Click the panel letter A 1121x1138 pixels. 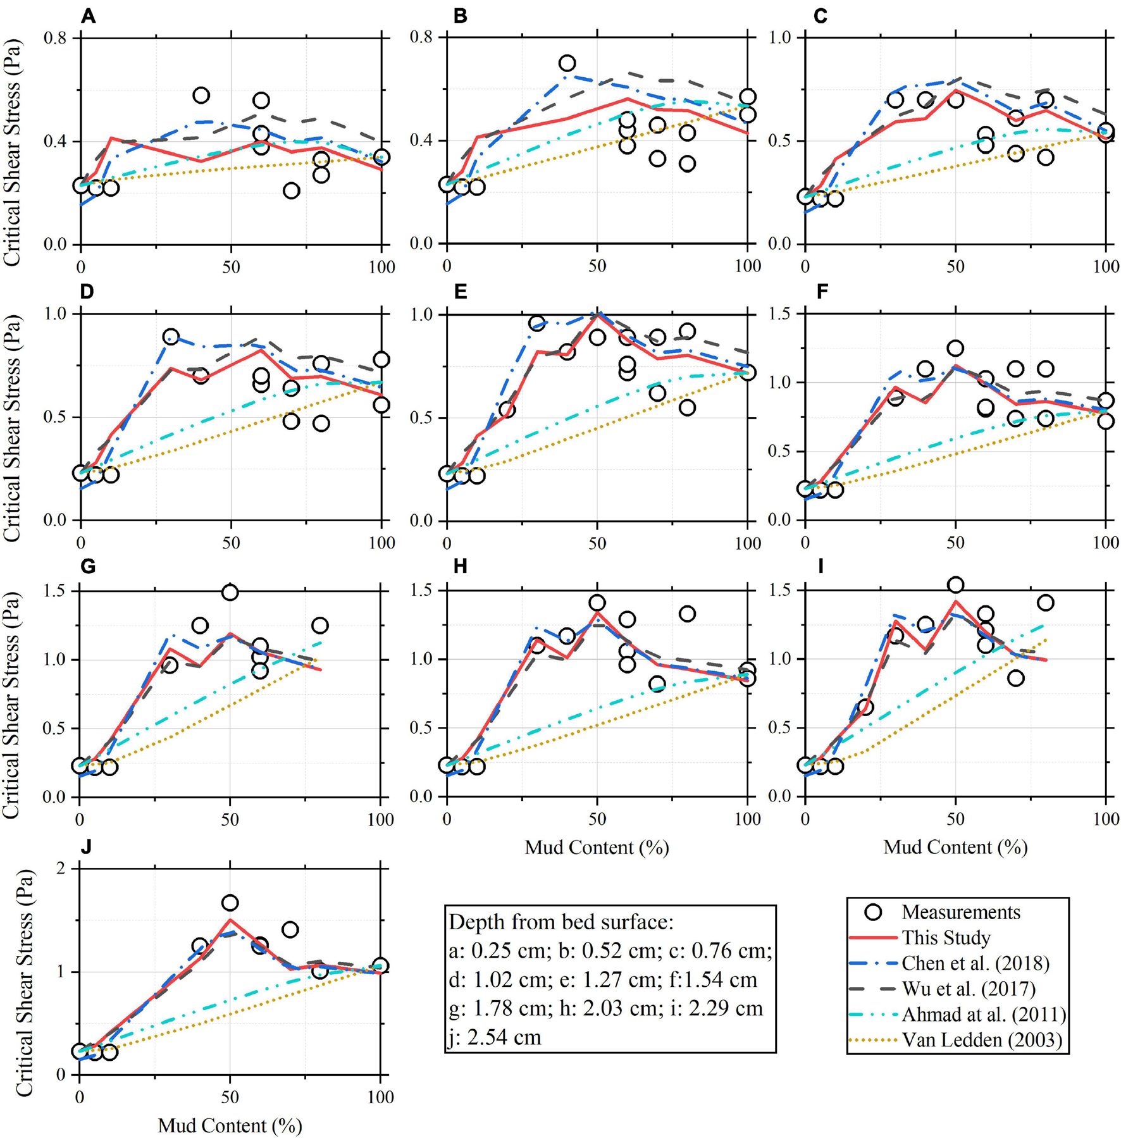pos(88,16)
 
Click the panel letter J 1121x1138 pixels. pos(86,846)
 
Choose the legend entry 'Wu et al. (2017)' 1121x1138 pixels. pos(969,989)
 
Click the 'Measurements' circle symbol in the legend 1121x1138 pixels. pos(874,912)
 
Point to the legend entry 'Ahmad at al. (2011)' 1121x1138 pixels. pos(984,1015)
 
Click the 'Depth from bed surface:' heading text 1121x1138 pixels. pos(561,922)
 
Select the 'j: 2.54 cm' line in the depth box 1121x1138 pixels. pos(495,1037)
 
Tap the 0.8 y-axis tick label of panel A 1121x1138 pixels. pos(55,39)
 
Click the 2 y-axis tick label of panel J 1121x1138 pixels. pos(61,869)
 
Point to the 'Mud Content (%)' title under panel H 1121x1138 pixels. pos(597,847)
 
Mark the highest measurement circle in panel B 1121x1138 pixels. pos(567,63)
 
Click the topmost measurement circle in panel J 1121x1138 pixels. pos(230,903)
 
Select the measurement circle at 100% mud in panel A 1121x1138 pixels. pos(381,157)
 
